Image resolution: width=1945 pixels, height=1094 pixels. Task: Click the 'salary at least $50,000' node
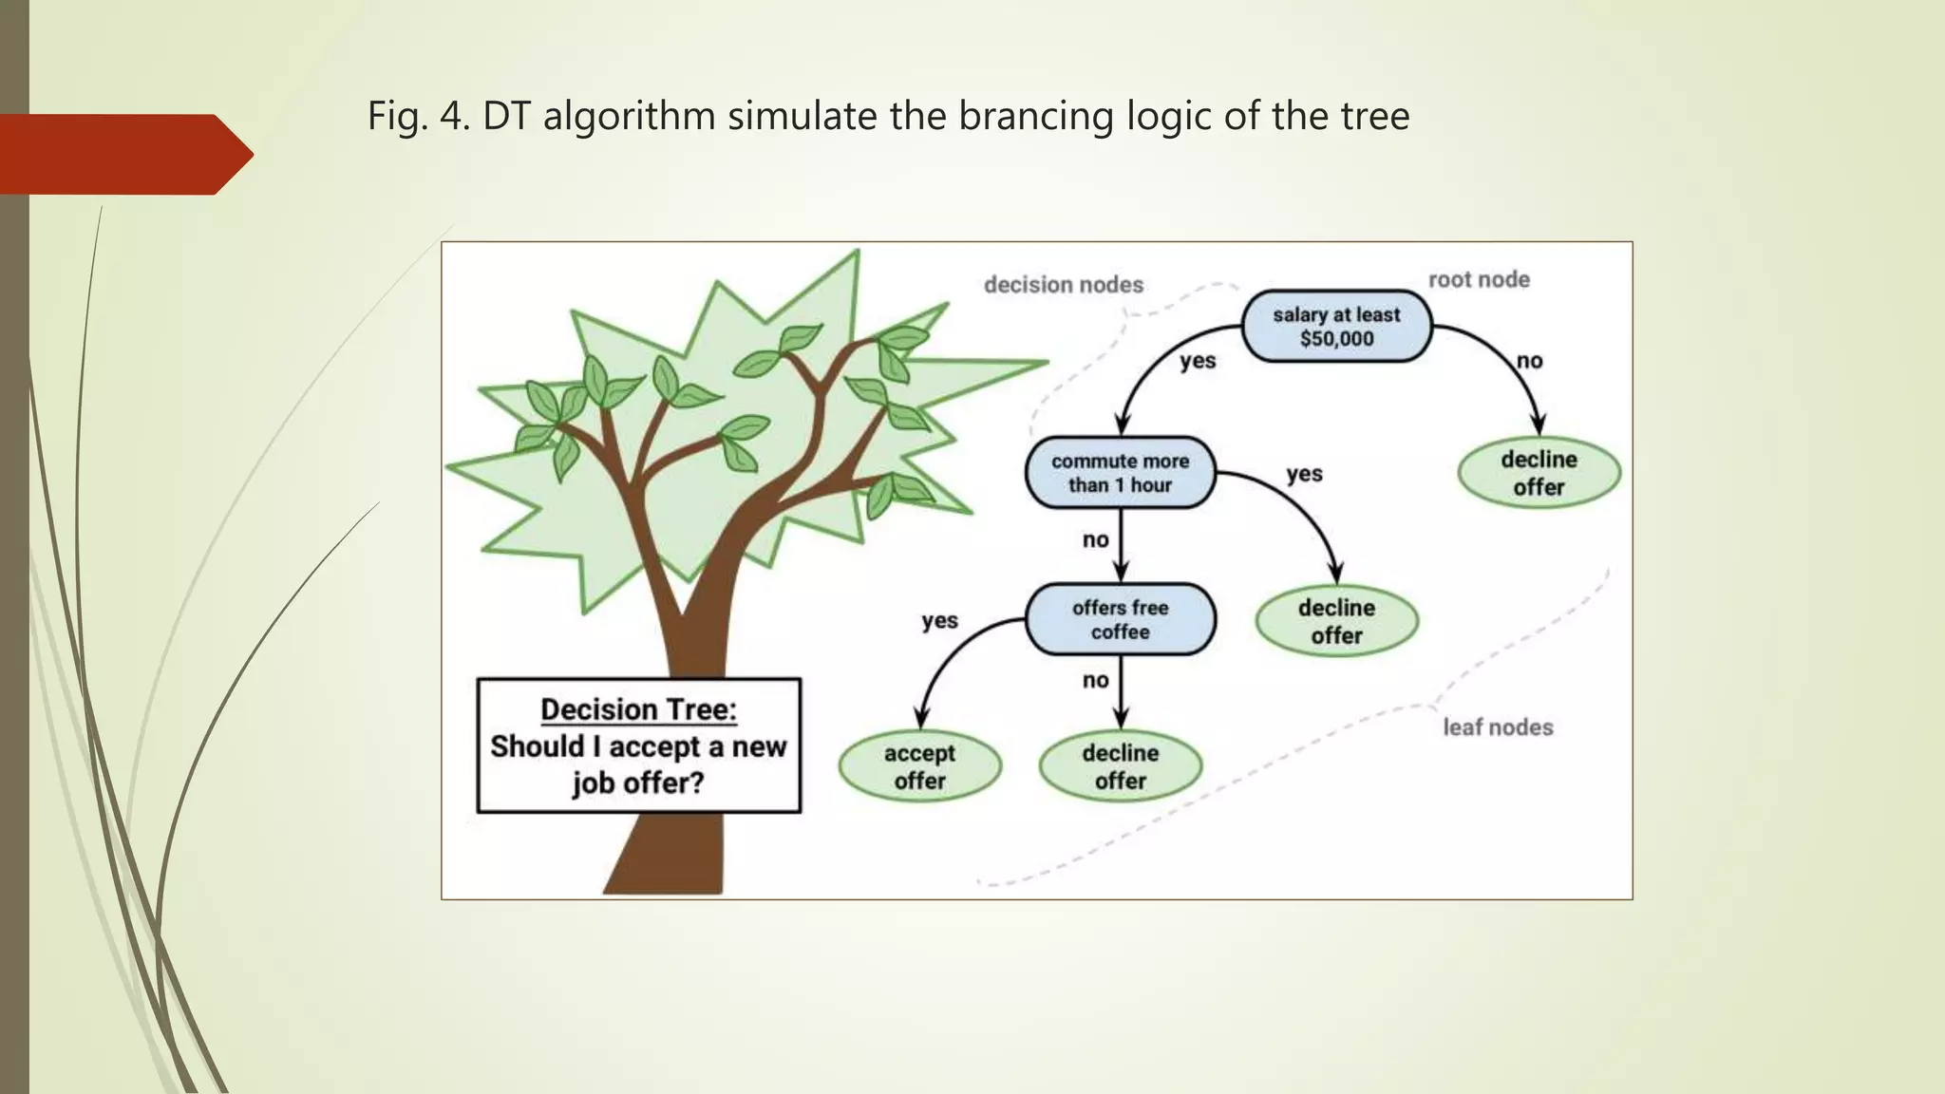tap(1336, 326)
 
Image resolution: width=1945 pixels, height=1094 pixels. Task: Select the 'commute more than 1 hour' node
tap(1120, 472)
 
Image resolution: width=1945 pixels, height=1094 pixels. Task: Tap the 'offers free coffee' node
tap(1120, 619)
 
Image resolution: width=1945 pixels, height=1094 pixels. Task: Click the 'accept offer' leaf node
tap(919, 766)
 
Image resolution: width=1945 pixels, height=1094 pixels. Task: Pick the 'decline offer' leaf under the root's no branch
tap(1539, 472)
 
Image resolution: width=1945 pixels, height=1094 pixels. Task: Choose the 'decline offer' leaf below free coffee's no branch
tap(1120, 766)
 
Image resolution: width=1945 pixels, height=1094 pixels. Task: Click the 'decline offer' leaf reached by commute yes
tap(1336, 621)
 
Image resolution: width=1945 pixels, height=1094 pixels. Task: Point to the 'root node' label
tap(1479, 279)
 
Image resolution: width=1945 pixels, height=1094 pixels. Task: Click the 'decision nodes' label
tap(1063, 284)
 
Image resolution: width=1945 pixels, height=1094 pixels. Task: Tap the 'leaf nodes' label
tap(1498, 726)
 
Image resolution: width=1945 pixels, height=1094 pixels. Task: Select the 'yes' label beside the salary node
tap(1198, 361)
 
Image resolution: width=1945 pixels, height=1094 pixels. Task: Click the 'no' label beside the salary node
tap(1529, 361)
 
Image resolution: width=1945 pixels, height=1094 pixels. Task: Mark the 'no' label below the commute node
tap(1095, 539)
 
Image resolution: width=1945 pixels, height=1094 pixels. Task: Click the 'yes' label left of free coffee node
tap(939, 620)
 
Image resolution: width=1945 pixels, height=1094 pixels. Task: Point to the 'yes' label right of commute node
tap(1304, 473)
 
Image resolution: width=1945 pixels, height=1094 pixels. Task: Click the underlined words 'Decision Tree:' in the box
tap(638, 709)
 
